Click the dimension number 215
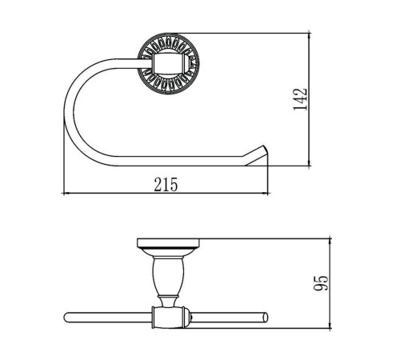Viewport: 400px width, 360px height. pos(166,185)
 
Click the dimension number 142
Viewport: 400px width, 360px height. pos(300,99)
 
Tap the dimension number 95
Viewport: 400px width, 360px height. pos(322,283)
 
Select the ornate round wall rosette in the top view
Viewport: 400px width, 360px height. pos(168,63)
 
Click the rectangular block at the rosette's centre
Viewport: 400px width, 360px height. pos(169,63)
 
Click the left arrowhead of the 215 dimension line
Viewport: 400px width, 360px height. pos(64,193)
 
